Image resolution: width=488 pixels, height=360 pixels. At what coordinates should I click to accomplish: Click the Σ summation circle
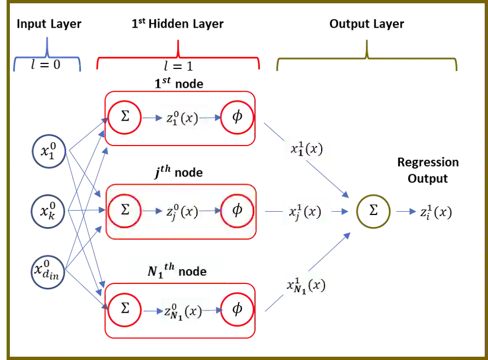(x=125, y=210)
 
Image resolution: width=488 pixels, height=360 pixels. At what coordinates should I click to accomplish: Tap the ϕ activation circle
(x=237, y=210)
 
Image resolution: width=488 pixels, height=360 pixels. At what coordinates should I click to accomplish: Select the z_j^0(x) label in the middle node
(x=181, y=211)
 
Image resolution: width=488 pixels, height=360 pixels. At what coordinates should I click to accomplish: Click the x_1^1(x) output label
(x=308, y=148)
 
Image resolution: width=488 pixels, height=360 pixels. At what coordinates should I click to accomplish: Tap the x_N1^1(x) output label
(x=308, y=284)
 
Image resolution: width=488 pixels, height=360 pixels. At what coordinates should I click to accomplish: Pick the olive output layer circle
(x=374, y=211)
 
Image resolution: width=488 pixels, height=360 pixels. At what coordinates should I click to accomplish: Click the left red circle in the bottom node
(x=126, y=310)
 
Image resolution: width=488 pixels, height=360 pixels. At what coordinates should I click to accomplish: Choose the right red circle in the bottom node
(x=237, y=310)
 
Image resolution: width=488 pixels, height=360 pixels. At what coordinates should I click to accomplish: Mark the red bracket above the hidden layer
(x=177, y=55)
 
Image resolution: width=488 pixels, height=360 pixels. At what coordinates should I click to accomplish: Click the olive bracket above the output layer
(x=366, y=58)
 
